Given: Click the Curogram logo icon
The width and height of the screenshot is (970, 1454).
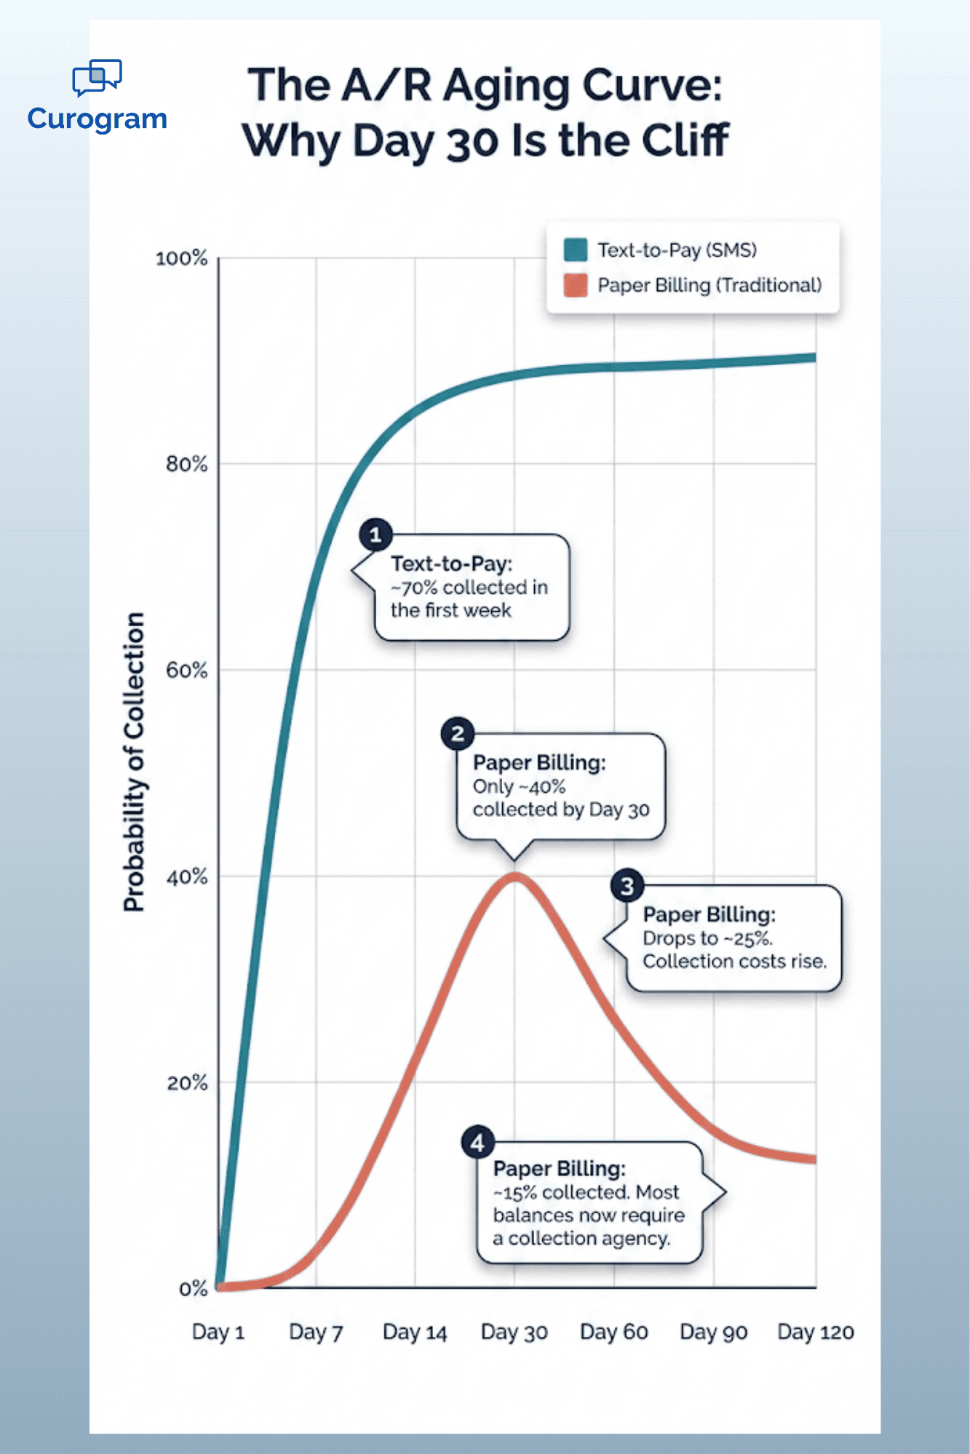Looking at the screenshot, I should tap(97, 77).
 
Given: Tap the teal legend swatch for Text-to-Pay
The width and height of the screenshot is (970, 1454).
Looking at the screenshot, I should tap(576, 249).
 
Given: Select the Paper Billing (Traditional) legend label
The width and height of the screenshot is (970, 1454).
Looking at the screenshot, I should tap(709, 285).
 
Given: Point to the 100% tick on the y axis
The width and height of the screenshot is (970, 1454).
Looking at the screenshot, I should tap(182, 258).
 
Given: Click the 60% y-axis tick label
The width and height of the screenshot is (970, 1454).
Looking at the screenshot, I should tap(187, 670).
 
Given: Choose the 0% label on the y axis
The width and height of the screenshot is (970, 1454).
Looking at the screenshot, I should tap(193, 1289).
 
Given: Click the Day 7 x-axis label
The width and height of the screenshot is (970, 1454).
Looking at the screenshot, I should tap(316, 1333).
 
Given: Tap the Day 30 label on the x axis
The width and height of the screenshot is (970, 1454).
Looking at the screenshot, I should tap(514, 1333).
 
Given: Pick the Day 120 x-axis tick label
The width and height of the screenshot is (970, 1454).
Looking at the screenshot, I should tap(816, 1333).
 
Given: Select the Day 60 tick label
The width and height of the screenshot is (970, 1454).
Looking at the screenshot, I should tap(614, 1333).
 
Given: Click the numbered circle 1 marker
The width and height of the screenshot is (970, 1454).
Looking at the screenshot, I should tap(375, 535).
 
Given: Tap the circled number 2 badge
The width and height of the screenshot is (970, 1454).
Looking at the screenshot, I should tap(458, 734).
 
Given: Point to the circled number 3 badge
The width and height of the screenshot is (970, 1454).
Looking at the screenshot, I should tap(627, 886).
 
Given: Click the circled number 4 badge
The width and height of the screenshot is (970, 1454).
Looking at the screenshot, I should tap(478, 1143).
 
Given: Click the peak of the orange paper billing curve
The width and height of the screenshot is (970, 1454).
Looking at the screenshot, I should tap(514, 876).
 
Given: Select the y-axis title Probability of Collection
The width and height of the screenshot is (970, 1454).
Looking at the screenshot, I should tap(134, 762).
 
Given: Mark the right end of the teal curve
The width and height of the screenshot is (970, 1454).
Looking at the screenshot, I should tap(814, 358).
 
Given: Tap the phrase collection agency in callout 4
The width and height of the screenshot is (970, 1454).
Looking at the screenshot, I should tap(589, 1239).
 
